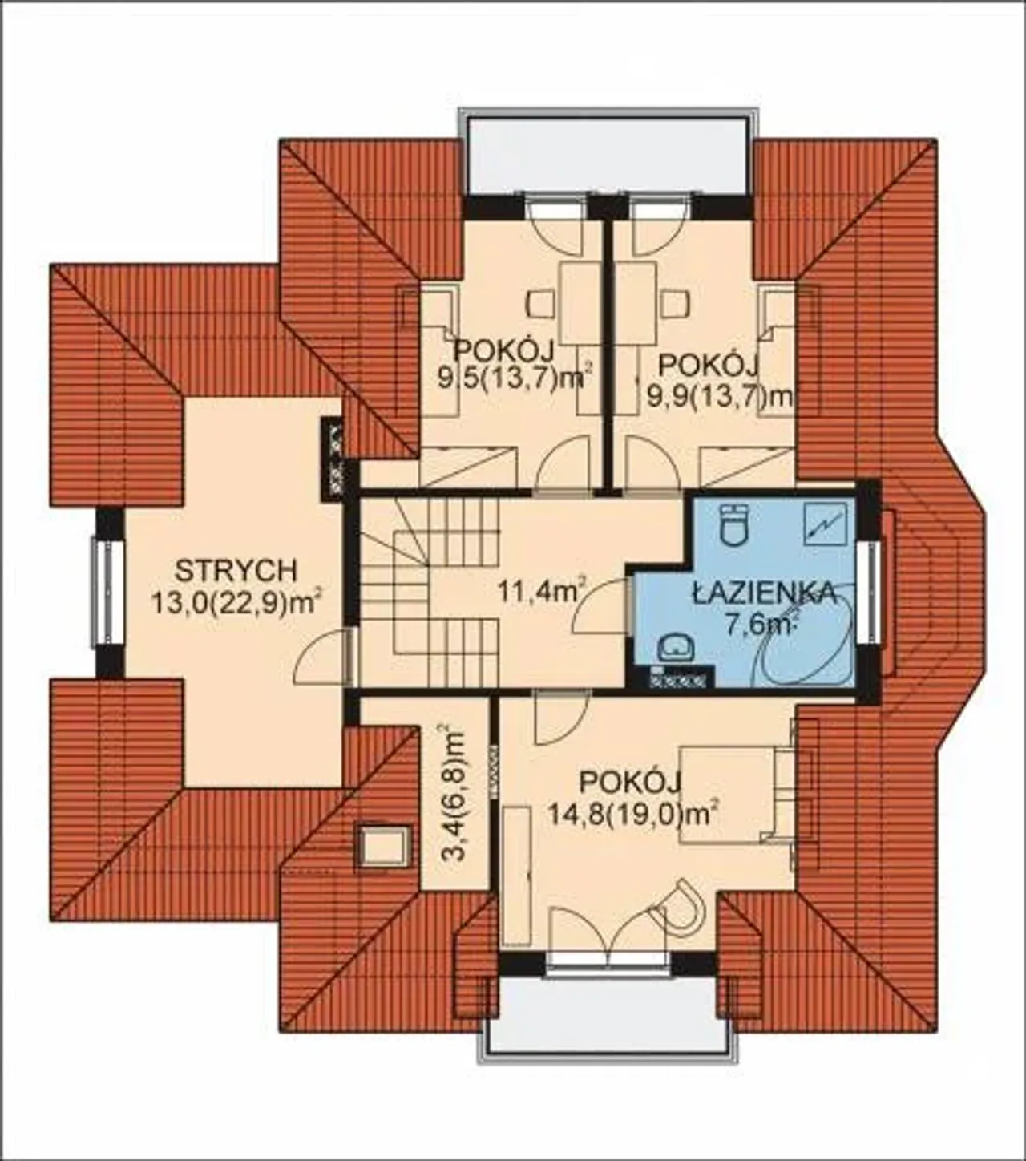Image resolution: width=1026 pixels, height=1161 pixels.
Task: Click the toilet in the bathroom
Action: tap(733, 523)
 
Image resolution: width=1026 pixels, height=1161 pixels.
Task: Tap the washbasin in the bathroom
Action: tap(676, 649)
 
